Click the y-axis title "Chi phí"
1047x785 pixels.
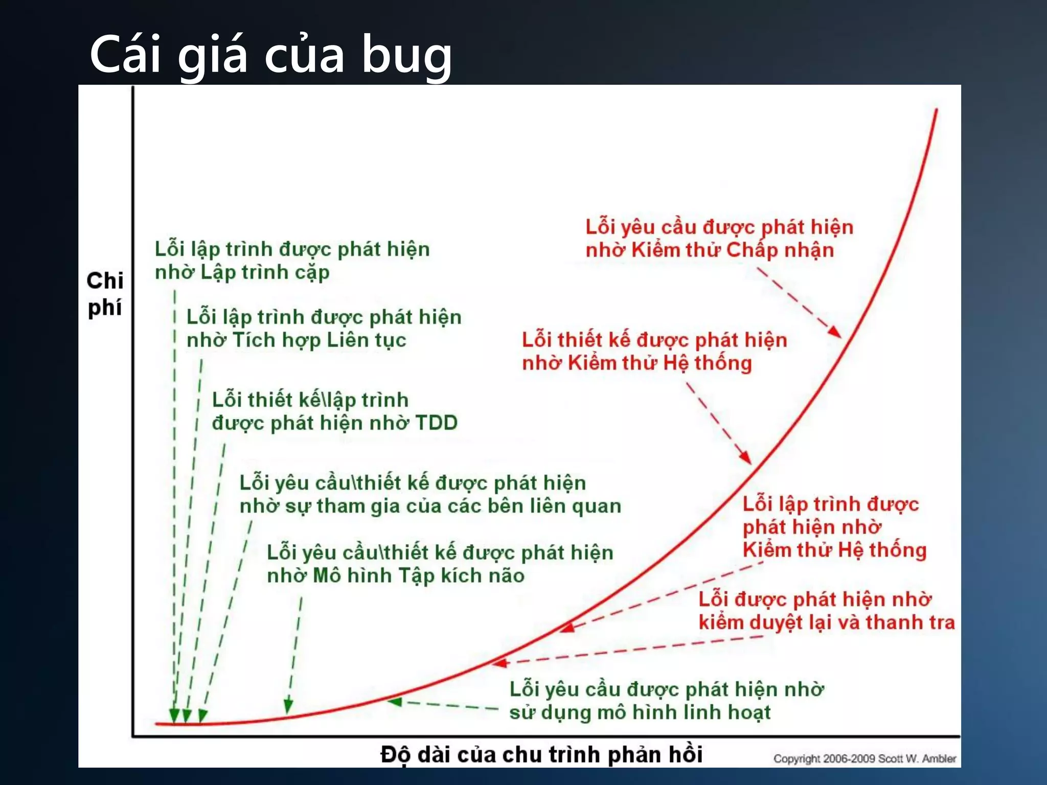pos(105,294)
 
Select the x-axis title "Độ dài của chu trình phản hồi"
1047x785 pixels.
pos(541,754)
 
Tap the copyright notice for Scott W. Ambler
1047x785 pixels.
pos(864,758)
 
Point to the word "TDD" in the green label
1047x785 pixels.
pos(436,423)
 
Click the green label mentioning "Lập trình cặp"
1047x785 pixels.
pos(292,260)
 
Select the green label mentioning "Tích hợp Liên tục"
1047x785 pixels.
pos(324,328)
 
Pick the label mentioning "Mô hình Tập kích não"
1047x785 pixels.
pos(440,564)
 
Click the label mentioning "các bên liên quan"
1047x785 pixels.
pos(430,494)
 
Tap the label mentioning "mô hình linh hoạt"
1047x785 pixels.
pos(666,700)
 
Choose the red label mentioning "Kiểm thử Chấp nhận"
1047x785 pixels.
pos(719,238)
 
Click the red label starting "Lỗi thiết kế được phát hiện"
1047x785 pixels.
pos(654,351)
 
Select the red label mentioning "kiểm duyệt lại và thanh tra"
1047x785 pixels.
pos(826,610)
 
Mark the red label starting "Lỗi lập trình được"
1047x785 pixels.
pos(834,526)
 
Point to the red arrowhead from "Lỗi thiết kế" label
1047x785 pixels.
pos(746,457)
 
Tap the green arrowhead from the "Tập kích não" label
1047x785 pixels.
pos(288,707)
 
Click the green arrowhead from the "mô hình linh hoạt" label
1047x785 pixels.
pos(395,702)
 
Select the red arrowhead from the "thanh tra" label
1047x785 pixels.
pos(499,663)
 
